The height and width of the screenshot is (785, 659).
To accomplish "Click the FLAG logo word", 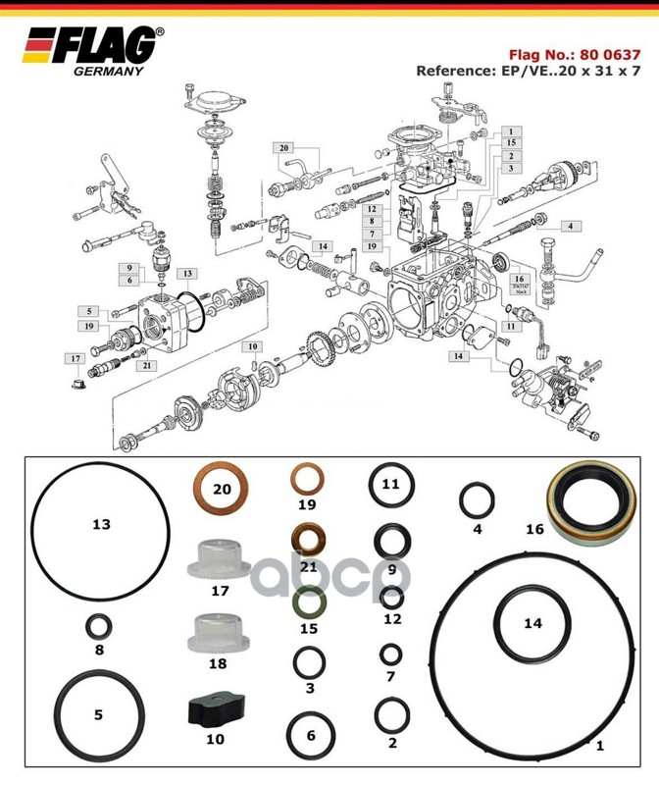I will click(110, 46).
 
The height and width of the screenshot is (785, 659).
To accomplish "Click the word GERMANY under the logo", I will click(109, 71).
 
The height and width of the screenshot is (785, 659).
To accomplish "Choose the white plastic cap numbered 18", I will click(217, 634).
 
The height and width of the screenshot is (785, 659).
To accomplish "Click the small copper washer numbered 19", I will click(308, 482).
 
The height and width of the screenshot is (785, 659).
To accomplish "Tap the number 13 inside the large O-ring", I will click(101, 525).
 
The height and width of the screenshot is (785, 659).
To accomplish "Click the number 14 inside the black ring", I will click(532, 623).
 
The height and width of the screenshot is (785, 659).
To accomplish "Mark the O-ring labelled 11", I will click(390, 485).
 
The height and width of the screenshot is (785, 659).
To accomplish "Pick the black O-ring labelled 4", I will click(478, 501).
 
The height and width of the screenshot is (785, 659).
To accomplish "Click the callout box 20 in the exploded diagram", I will click(284, 147).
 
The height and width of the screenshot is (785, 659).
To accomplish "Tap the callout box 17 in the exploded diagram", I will click(75, 358).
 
